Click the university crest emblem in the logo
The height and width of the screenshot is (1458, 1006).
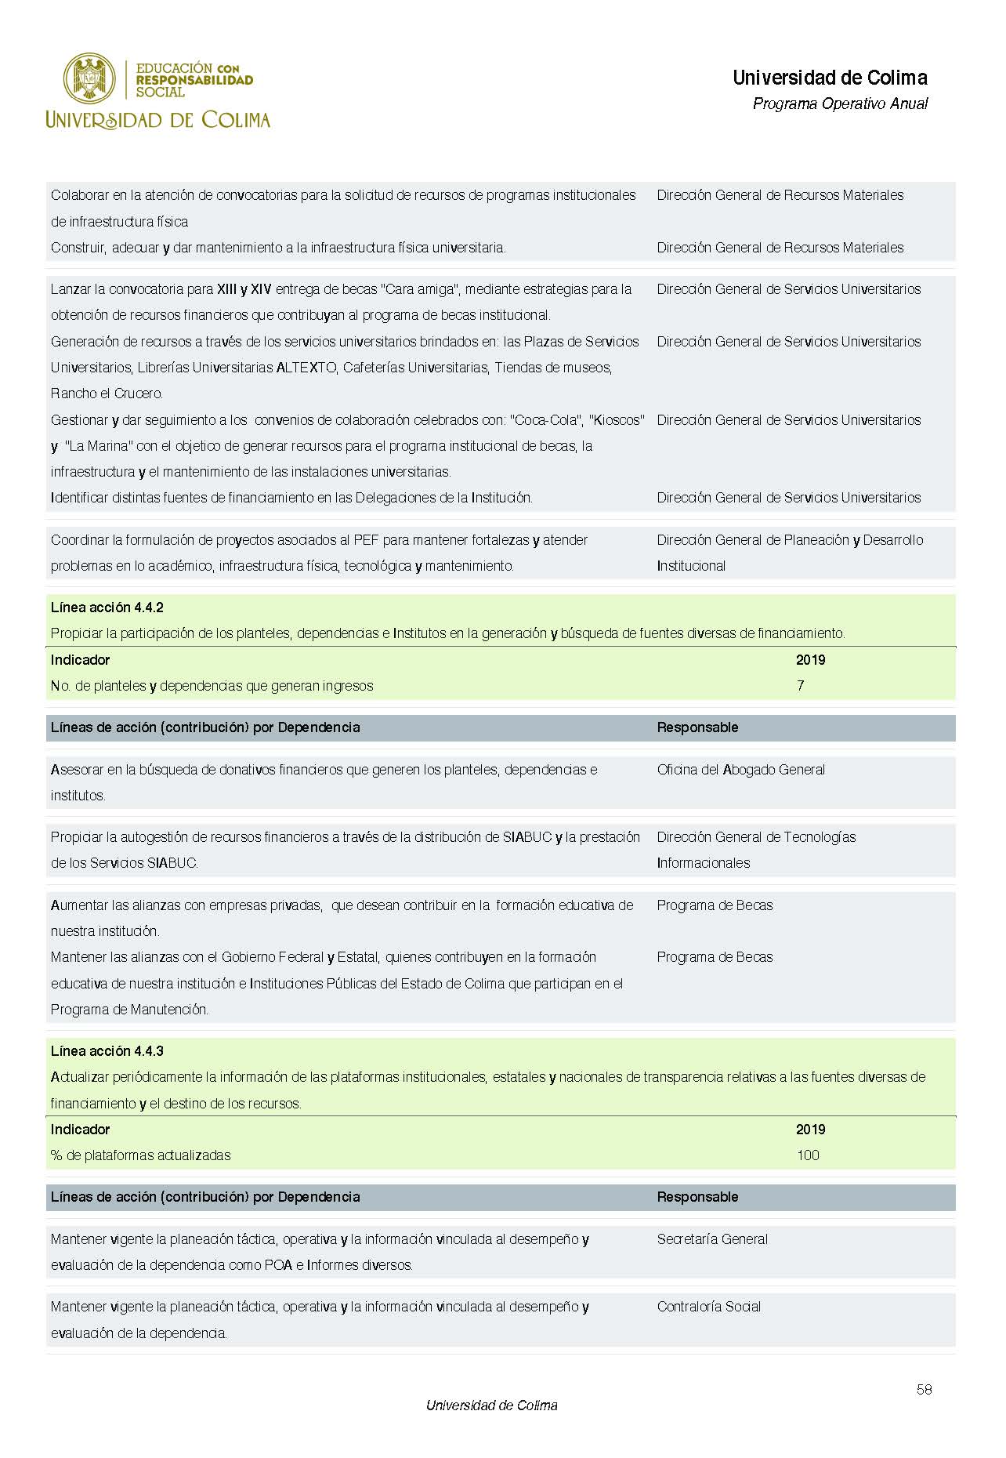tap(89, 78)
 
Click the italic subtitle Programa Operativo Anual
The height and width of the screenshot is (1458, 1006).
tap(840, 103)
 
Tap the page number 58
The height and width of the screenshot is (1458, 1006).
tap(924, 1389)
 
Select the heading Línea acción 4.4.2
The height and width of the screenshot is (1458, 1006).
tap(107, 607)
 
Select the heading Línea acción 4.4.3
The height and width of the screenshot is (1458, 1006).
tap(107, 1051)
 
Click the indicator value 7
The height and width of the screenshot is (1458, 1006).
tap(800, 686)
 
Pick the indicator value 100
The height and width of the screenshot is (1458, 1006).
tap(808, 1155)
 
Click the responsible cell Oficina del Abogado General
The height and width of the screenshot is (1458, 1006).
tap(740, 770)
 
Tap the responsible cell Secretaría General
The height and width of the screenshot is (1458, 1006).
tap(712, 1239)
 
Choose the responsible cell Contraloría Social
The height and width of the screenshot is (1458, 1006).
tap(709, 1307)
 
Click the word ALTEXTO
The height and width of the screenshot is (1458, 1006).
tap(306, 368)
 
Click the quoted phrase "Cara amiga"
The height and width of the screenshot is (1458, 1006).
tap(422, 289)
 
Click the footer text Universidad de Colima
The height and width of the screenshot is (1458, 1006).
tap(491, 1405)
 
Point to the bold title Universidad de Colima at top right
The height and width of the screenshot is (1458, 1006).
tap(830, 78)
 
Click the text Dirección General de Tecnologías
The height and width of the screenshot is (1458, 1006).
tap(756, 837)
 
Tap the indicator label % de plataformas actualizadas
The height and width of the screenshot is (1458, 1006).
tap(141, 1155)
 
